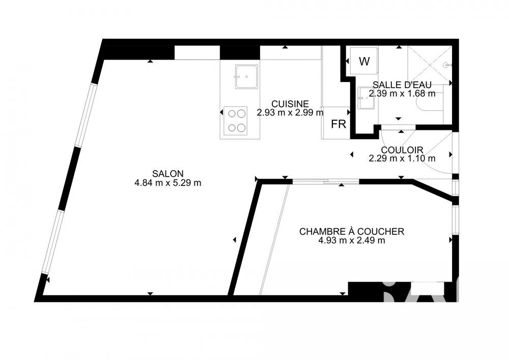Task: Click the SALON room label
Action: tap(167, 173)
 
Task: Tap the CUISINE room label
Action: tap(290, 103)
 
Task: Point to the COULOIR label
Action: tap(402, 150)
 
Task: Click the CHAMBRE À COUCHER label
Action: tap(352, 232)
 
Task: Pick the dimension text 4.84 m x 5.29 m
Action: tap(167, 183)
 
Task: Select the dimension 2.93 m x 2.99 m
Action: tap(290, 113)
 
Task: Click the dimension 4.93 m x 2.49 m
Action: tap(351, 240)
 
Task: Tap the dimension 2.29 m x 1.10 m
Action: tap(402, 158)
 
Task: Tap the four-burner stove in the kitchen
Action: tap(235, 121)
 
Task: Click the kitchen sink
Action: tap(246, 76)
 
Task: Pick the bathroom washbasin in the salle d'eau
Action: tap(365, 98)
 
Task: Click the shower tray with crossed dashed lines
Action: tap(429, 64)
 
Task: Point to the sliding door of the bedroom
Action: tap(326, 182)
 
